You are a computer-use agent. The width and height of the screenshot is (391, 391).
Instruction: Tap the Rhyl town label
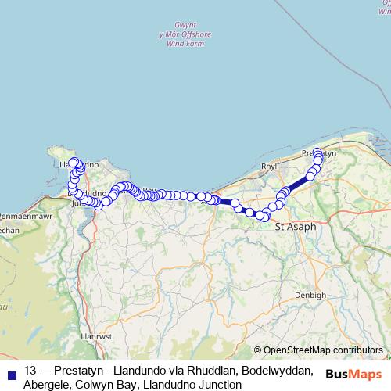(269, 167)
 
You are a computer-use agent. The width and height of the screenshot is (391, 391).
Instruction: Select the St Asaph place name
(296, 226)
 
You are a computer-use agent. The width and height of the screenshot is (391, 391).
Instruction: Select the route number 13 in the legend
(30, 370)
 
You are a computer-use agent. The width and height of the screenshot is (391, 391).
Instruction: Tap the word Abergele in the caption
(49, 384)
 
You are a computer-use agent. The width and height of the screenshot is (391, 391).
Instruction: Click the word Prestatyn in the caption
(80, 370)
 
